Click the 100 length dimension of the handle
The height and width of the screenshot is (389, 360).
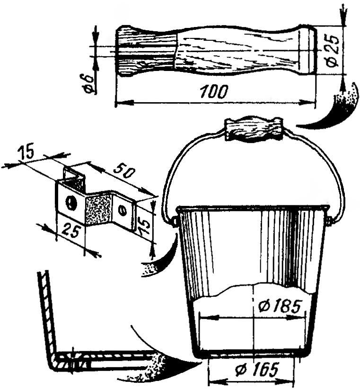(214, 91)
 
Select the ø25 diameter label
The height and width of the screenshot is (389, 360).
(333, 51)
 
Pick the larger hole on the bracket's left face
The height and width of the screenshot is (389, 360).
(71, 202)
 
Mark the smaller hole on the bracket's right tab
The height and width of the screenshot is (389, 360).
(123, 211)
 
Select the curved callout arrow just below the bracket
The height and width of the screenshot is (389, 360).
(162, 258)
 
